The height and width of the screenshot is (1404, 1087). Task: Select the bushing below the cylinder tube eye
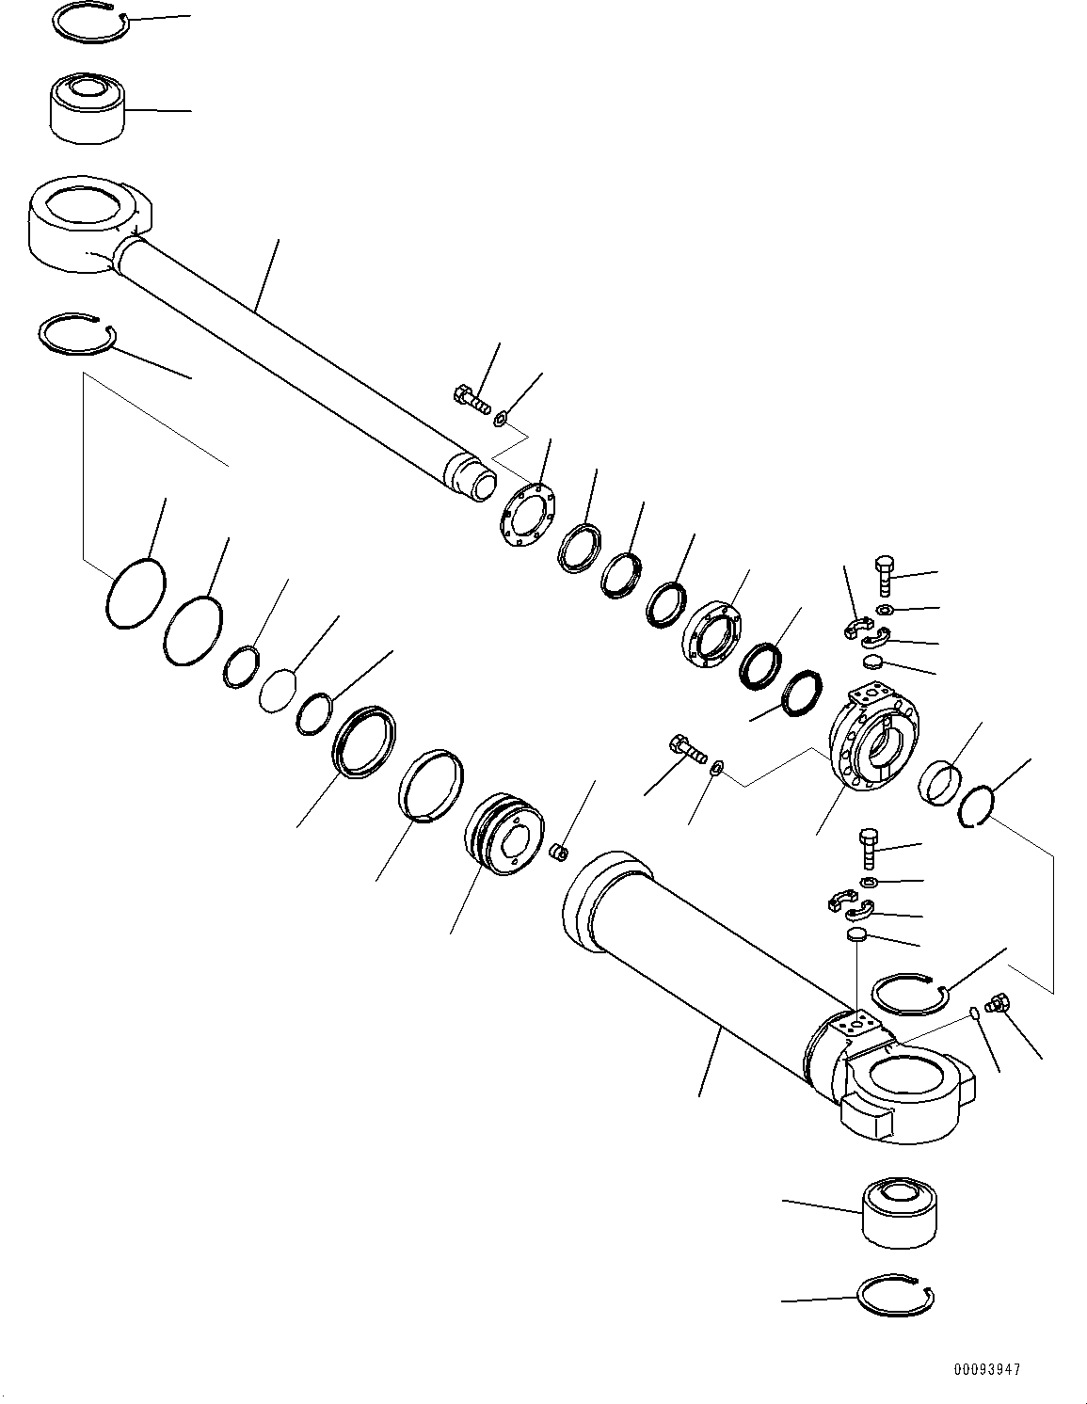coord(898,1212)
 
